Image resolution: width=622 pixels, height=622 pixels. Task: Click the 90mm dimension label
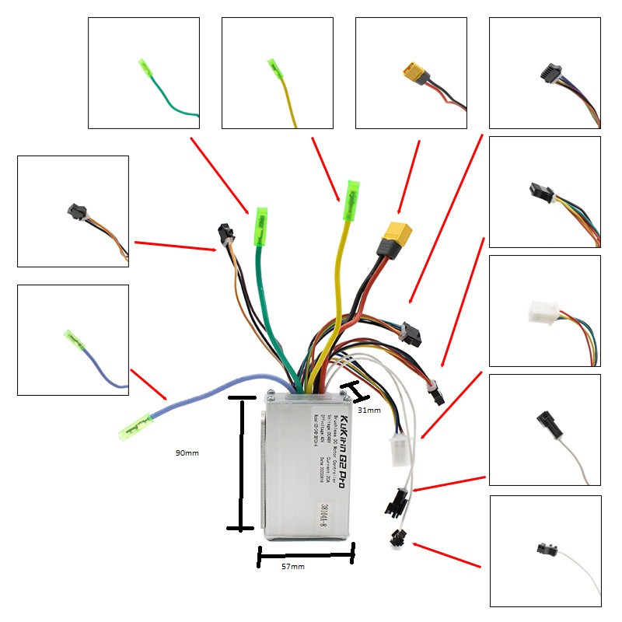tap(187, 452)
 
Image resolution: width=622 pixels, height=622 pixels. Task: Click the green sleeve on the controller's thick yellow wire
tap(351, 191)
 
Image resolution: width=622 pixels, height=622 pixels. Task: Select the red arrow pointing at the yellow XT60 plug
tap(409, 177)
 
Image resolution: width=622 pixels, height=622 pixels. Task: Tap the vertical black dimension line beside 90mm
tap(240, 464)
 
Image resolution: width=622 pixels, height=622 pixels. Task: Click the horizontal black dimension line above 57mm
tap(306, 554)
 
